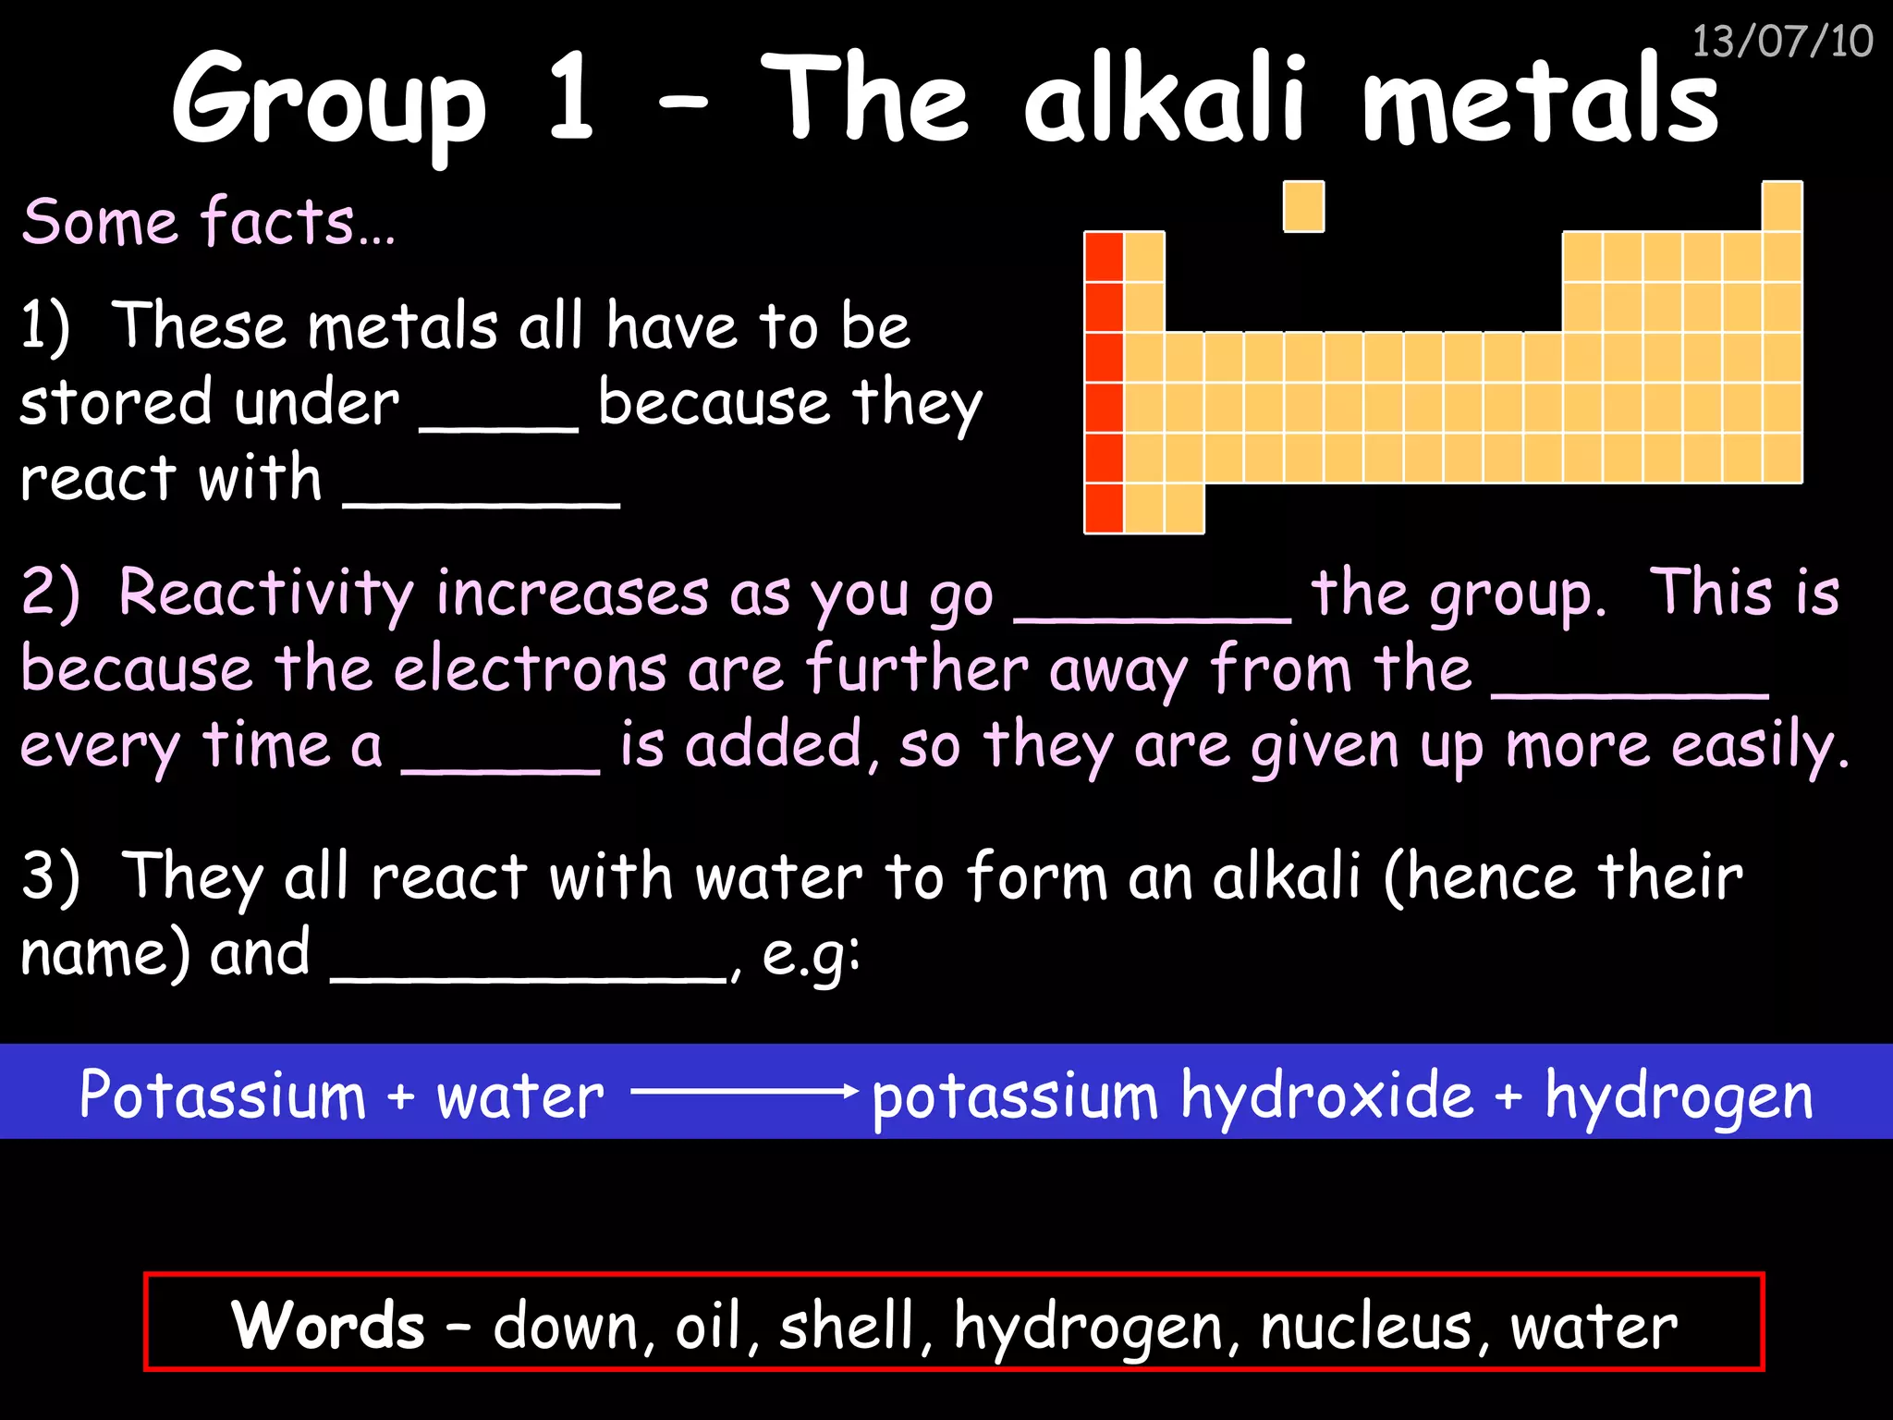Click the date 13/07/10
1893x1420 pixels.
point(1781,42)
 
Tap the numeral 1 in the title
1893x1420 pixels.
point(570,100)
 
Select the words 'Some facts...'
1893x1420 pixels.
point(209,222)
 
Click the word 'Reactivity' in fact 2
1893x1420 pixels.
point(265,594)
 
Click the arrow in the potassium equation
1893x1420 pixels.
point(744,1092)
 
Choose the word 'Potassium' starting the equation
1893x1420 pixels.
point(223,1096)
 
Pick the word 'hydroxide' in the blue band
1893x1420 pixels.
point(1327,1096)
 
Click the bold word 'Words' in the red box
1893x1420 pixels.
point(328,1325)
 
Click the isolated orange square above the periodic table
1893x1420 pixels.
point(1303,206)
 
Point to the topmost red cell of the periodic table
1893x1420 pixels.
point(1104,257)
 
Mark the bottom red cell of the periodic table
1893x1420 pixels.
point(1104,508)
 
